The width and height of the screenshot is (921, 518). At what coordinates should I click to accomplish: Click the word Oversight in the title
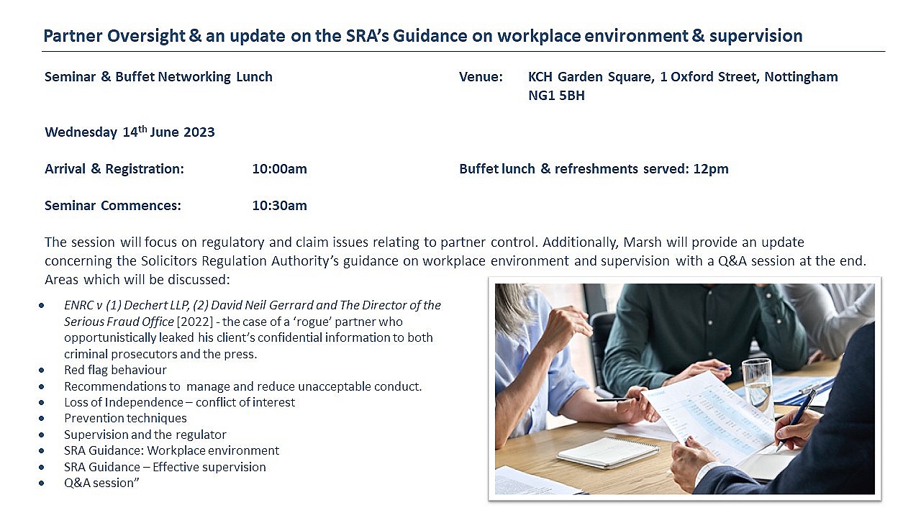coord(146,36)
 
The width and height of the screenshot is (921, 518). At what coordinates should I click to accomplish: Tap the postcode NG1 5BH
coord(556,96)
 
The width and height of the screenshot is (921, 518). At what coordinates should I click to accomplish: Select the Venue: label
coord(481,77)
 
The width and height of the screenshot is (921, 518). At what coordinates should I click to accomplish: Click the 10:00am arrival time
coord(279,169)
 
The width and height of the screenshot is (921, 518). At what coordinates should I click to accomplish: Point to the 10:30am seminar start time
coord(279,206)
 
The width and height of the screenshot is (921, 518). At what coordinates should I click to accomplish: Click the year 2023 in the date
coord(199,132)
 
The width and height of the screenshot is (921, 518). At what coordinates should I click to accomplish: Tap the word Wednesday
coord(81,132)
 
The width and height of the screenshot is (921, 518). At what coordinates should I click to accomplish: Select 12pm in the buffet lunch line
coord(711,169)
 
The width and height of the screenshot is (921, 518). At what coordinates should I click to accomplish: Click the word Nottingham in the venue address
coord(801,77)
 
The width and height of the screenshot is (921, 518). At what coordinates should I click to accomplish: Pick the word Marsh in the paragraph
coord(643,242)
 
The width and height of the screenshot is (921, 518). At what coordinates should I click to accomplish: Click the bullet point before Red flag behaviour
coord(42,371)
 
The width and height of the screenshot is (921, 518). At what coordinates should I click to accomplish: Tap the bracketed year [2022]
coord(194,322)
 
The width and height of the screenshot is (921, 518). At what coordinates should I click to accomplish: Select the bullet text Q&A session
coord(101,483)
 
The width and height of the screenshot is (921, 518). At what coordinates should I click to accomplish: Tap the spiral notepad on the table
coord(608,453)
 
